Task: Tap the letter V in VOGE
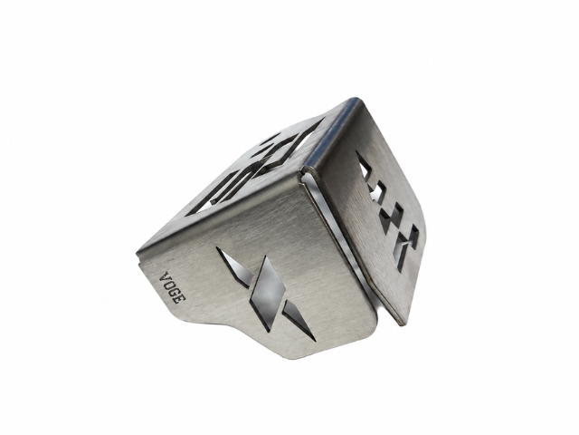165,277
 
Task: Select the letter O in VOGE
168,285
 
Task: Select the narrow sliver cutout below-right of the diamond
299,321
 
